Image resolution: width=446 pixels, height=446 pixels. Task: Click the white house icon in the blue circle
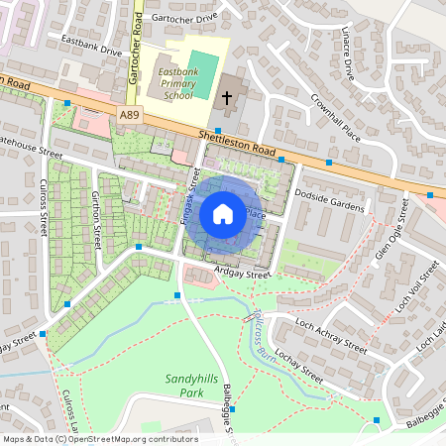pos(223,213)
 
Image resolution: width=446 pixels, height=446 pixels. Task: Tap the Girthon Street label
pos(97,220)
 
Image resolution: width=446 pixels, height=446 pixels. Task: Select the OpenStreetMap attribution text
pos(99,439)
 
